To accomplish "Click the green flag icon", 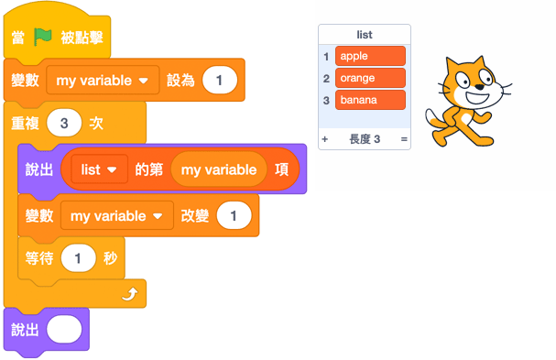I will click(42, 37).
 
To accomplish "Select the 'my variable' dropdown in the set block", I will click(103, 81).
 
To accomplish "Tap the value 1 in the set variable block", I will click(220, 81).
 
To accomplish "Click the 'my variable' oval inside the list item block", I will click(218, 169).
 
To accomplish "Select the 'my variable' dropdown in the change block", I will click(116, 215).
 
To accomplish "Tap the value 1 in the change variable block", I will click(234, 215).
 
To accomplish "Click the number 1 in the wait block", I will click(78, 258).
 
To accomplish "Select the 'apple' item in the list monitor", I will click(370, 57).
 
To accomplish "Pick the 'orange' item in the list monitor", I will click(370, 78).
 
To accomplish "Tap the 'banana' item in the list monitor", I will click(370, 99).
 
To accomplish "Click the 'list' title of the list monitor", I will click(365, 35).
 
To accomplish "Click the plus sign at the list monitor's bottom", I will click(324, 139).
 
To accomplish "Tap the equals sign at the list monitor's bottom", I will click(403, 139).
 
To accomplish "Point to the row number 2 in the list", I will click(326, 78).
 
